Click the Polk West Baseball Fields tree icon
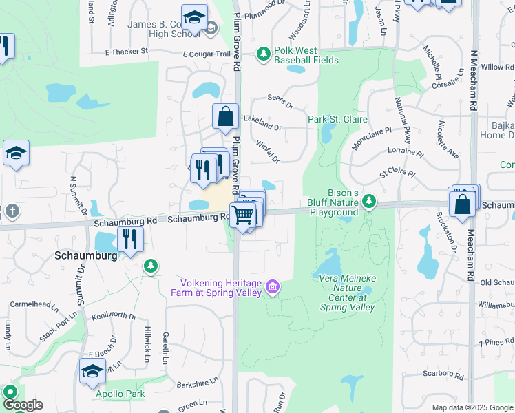[x=263, y=53]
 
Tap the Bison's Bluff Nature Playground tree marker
[x=370, y=201]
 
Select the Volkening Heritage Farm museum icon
[x=273, y=286]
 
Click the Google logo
[x=23, y=405]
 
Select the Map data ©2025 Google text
[x=472, y=407]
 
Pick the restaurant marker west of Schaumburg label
[x=128, y=240]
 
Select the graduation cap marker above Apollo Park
[x=92, y=372]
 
